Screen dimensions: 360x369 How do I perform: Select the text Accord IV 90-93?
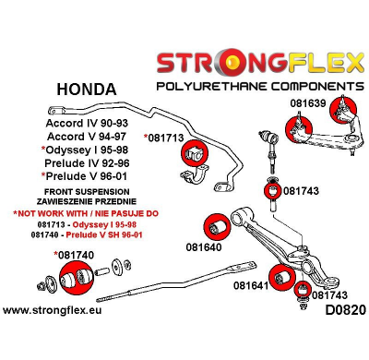[x=87, y=122]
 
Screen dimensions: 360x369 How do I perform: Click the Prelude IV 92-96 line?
[x=88, y=167]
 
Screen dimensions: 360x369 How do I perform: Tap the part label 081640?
[x=204, y=247]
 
